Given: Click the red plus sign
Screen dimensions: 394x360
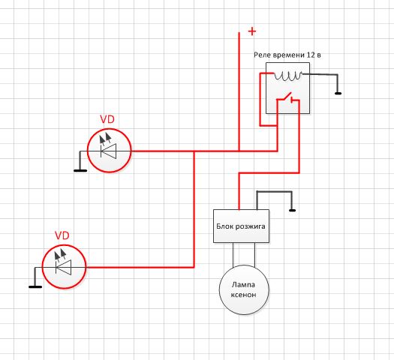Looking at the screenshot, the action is coord(252,31).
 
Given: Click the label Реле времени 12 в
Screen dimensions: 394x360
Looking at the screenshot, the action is coord(287,55).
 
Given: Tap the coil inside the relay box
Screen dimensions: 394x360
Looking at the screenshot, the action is coord(288,76).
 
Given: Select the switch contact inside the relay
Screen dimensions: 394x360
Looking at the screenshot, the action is coord(287,98).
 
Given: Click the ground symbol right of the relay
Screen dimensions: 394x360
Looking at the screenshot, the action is coord(338,94).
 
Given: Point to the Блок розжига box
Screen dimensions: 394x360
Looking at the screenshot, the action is coord(241,226).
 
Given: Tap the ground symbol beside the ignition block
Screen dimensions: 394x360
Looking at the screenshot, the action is coord(292,211).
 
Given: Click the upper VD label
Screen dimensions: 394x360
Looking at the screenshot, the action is coord(107,119).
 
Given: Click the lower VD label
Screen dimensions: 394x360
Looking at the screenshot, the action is coord(62,235).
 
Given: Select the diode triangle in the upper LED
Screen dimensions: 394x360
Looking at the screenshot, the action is coord(109,151).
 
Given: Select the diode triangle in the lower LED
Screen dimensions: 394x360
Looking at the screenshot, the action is coord(63,267).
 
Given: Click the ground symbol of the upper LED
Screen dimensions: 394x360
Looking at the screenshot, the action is coord(80,171).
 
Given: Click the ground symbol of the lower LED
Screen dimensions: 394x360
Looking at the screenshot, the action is coord(35,286).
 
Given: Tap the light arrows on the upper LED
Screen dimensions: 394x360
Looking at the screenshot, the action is coord(105,138).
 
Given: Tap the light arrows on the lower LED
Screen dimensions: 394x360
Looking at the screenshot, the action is coord(60,254).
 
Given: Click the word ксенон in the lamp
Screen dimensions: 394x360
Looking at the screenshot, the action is coord(243,295).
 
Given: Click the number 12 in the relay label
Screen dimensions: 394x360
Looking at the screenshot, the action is coord(311,55).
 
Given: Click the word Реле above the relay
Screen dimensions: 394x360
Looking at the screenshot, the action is coord(263,55).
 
